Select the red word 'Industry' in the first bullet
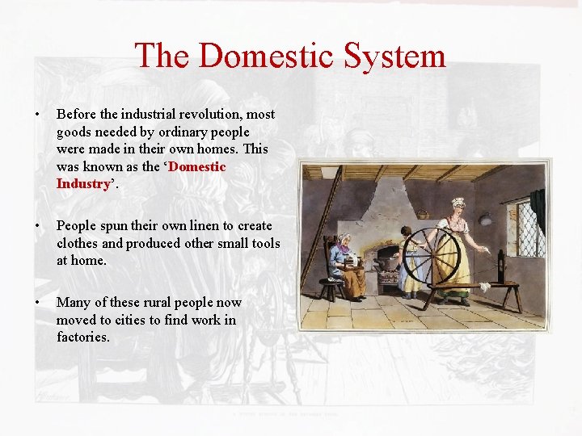coord(82,183)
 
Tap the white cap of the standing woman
coord(458,203)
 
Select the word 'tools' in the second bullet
coord(264,243)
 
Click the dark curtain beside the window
coord(538,212)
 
